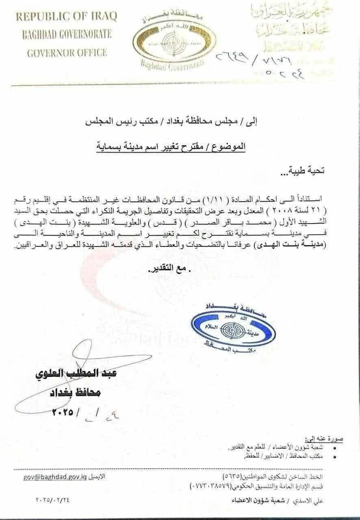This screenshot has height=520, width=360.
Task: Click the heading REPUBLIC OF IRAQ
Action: tap(66, 17)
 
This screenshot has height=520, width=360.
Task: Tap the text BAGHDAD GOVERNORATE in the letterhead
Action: tap(66, 35)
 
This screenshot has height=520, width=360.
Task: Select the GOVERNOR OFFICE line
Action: tap(67, 53)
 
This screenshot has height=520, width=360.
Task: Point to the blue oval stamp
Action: tap(233, 327)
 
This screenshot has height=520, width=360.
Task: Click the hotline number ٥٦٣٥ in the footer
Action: tap(232, 476)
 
